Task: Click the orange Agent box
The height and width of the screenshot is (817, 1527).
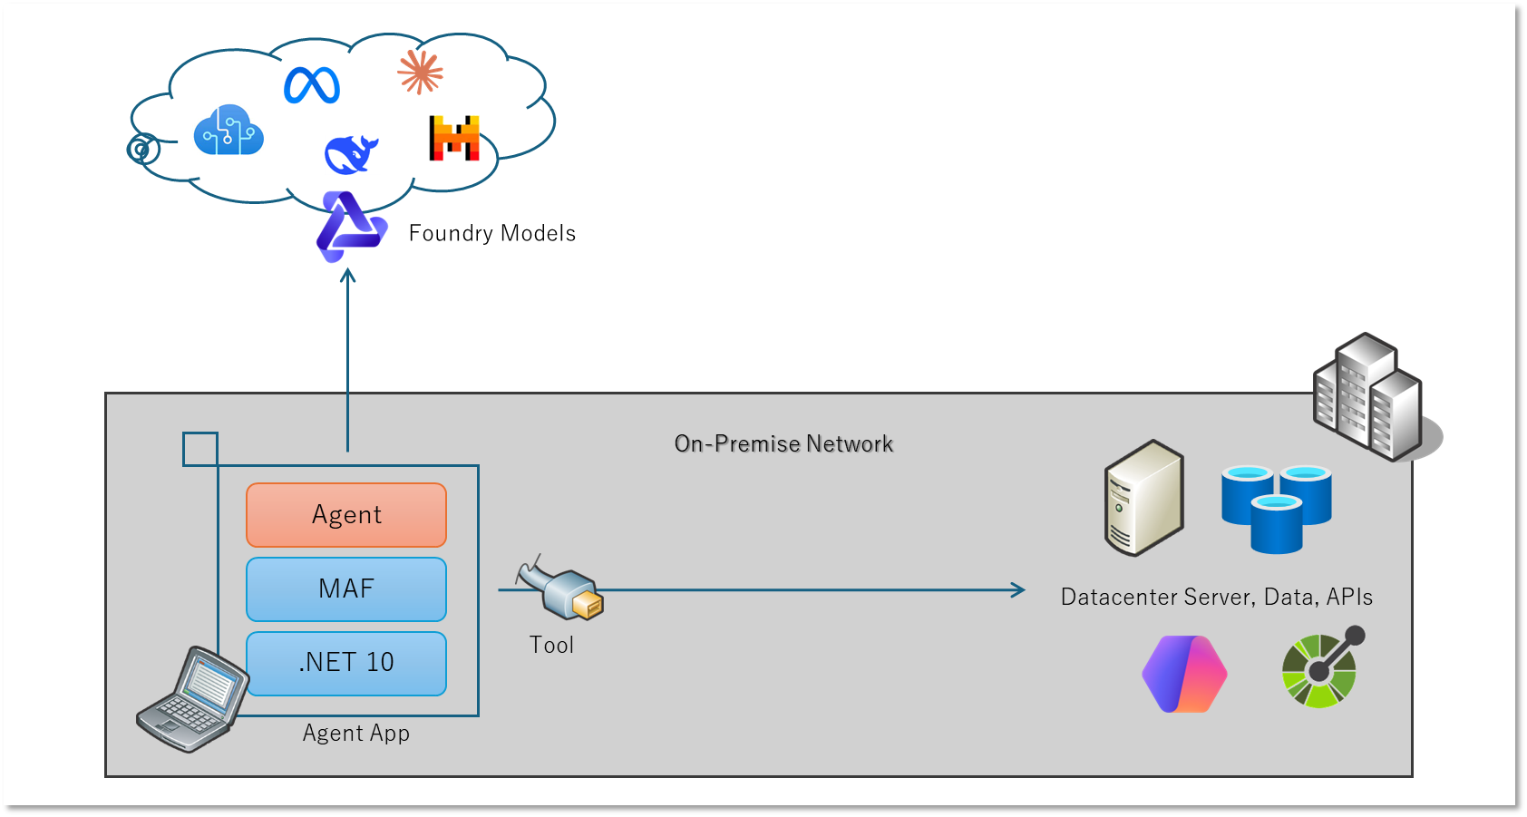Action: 346,515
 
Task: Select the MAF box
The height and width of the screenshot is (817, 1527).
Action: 346,589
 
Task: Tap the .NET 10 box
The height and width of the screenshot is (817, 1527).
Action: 346,663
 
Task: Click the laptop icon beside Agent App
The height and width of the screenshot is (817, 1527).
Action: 192,699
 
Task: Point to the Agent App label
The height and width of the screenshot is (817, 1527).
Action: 356,733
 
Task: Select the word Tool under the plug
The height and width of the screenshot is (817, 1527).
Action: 551,645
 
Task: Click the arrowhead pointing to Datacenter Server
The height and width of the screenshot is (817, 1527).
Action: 1019,590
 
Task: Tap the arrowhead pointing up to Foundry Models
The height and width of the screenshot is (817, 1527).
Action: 347,274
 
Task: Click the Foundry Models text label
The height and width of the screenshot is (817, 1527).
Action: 491,233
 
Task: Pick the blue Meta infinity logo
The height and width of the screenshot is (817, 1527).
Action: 312,85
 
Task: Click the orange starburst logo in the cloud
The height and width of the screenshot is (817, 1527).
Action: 420,72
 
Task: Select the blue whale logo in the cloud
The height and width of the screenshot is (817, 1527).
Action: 351,154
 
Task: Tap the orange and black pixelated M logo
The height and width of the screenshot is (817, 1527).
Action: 454,138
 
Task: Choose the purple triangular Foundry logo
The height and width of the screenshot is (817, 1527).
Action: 350,227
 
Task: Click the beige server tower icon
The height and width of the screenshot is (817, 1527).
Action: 1144,498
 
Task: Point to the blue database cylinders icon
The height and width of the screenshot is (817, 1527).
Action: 1276,508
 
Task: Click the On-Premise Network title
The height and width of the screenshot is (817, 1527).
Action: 783,443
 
